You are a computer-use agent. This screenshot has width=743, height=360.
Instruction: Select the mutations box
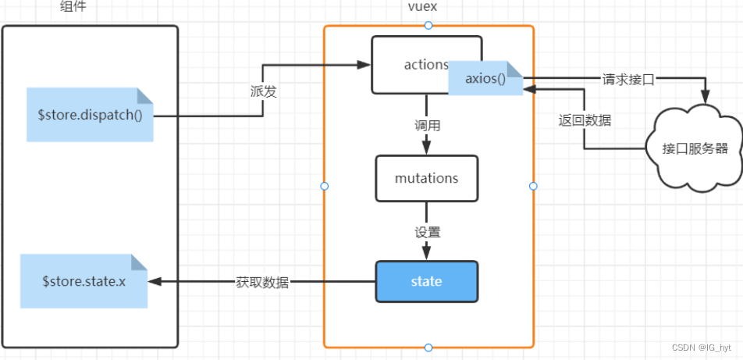point(426,178)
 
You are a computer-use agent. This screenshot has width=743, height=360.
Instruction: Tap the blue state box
point(426,281)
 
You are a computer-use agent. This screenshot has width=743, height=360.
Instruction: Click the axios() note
point(485,79)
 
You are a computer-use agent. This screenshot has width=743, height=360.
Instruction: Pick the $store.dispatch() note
point(89,115)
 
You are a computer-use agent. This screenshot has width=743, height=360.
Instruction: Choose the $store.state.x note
point(84,281)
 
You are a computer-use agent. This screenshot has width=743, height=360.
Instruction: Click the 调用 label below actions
point(427,125)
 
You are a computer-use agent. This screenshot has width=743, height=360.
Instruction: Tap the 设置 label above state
point(427,232)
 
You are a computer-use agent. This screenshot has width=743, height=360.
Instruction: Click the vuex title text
point(428,7)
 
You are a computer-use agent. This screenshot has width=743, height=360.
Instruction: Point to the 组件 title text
point(73,7)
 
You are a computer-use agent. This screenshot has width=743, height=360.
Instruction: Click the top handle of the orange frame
point(428,26)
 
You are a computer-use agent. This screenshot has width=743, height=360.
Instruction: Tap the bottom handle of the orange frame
point(428,347)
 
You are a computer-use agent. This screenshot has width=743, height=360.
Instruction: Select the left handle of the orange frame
point(325,186)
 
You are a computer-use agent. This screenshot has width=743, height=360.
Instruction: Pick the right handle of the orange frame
point(534,186)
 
